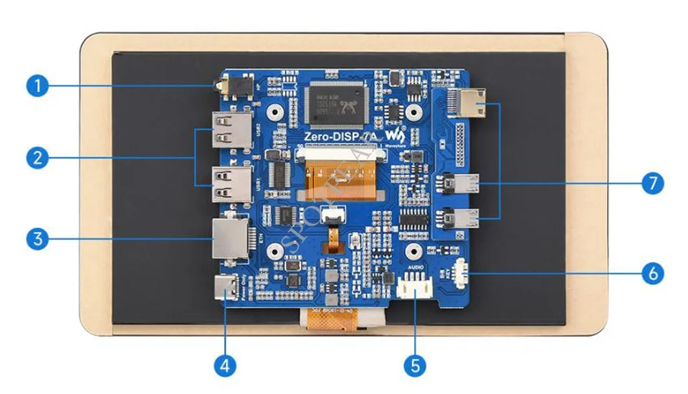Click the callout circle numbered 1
(38, 87)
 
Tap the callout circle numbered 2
(38, 158)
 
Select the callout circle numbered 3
(38, 238)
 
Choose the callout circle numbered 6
(651, 273)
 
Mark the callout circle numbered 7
(651, 183)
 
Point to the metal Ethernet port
(230, 238)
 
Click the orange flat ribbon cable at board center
(340, 176)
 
